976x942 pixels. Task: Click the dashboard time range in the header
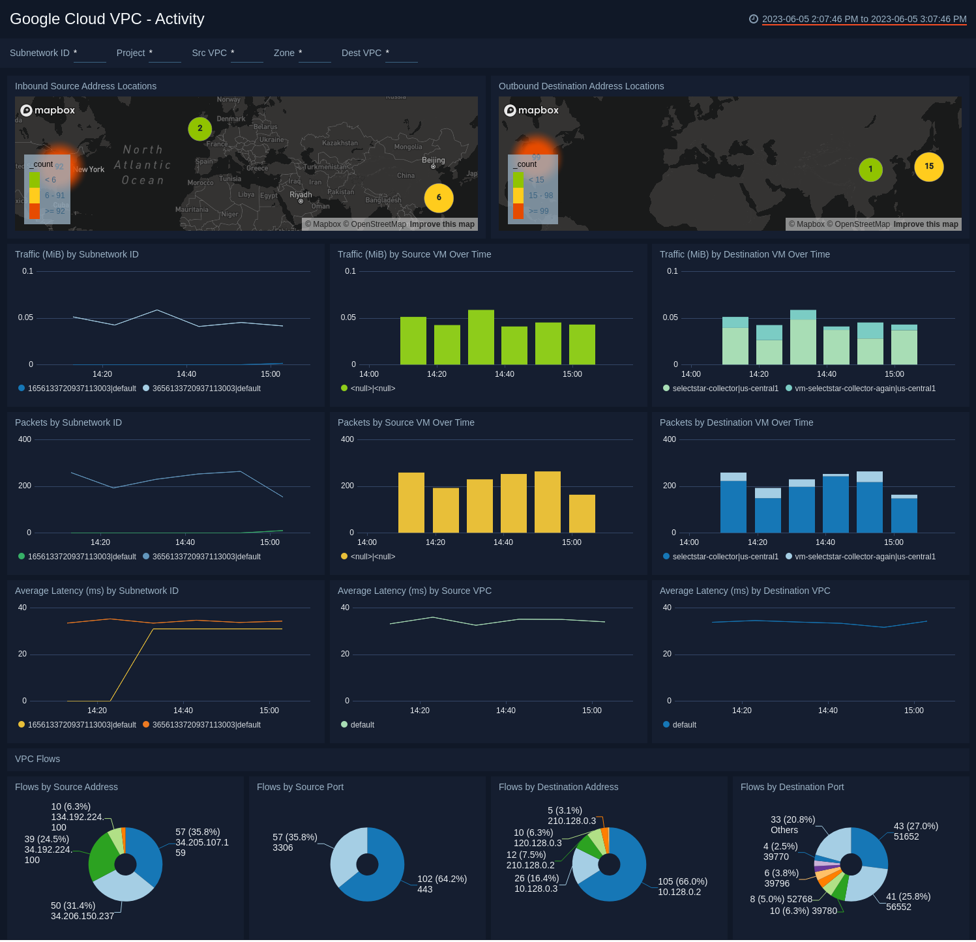[864, 19]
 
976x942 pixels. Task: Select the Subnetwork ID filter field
[89, 53]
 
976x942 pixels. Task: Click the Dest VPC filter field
[401, 53]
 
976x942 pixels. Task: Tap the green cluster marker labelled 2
[200, 128]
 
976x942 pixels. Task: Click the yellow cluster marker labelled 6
[439, 198]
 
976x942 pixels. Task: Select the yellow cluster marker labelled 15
[929, 166]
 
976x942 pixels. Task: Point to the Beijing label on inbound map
[433, 160]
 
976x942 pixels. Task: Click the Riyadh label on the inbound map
[301, 195]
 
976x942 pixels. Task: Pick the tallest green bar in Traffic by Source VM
[481, 337]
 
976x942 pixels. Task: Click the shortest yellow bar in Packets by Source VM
[582, 514]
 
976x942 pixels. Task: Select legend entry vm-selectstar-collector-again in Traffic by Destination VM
[865, 389]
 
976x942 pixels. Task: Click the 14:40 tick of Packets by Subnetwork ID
[185, 542]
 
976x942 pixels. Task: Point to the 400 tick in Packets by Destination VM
[670, 439]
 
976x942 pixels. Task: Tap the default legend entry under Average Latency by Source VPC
[362, 725]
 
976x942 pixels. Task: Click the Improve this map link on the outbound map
[926, 224]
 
